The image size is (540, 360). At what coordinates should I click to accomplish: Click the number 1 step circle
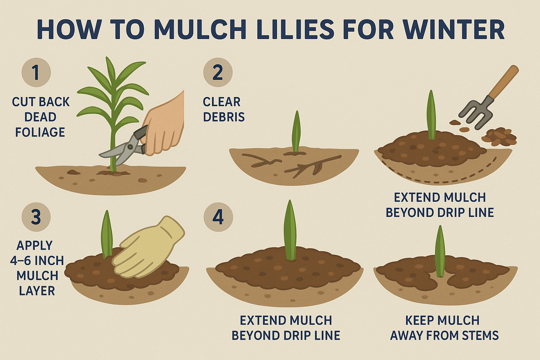pyautogui.click(x=36, y=72)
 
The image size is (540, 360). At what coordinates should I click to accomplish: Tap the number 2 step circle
pyautogui.click(x=218, y=72)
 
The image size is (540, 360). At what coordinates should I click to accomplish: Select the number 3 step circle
pyautogui.click(x=36, y=217)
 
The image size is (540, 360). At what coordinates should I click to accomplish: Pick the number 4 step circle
pyautogui.click(x=218, y=217)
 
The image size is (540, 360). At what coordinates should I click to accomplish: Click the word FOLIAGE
pyautogui.click(x=40, y=133)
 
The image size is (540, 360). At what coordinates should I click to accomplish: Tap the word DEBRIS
pyautogui.click(x=224, y=117)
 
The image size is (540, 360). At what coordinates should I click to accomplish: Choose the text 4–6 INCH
pyautogui.click(x=37, y=261)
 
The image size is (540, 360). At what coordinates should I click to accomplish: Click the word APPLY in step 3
pyautogui.click(x=34, y=246)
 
